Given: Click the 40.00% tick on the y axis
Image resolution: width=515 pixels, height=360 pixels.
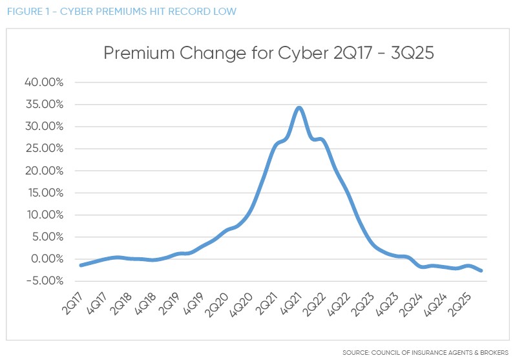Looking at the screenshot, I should pos(43,82).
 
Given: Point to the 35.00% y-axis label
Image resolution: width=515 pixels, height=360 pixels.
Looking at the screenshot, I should pos(43,104).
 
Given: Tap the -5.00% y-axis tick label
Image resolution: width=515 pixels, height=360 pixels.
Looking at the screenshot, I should pos(43,281).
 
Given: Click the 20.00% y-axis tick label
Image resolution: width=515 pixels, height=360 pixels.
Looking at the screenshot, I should pos(43,171).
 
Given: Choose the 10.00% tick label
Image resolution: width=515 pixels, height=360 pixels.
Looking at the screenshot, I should pos(43,215).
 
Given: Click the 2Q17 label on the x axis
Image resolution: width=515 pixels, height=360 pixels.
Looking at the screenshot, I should pos(72,301).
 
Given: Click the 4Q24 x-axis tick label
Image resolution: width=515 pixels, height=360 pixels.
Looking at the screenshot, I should pos(435,301).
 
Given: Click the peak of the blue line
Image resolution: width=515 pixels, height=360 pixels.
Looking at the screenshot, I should pos(299,108).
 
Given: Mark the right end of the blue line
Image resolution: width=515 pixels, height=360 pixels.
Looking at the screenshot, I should pos(481,271).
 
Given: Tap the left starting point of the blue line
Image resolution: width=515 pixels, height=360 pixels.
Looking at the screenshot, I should pos(80,265).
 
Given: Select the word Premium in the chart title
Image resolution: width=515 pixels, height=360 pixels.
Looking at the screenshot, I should pos(141,54).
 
